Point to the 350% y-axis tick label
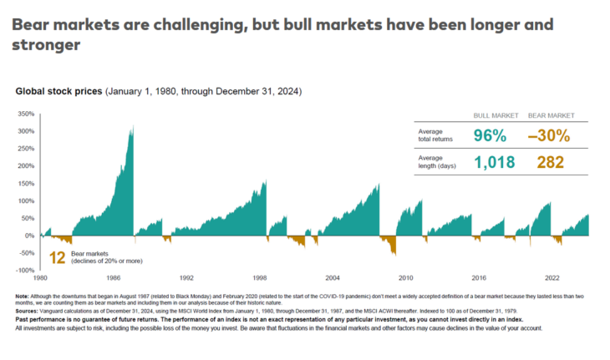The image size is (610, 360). pos(25,113)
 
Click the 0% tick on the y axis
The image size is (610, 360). pos(28,236)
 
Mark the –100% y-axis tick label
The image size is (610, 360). pos(23,270)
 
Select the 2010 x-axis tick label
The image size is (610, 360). pos(405,276)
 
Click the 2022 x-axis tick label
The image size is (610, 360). pos(552,276)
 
